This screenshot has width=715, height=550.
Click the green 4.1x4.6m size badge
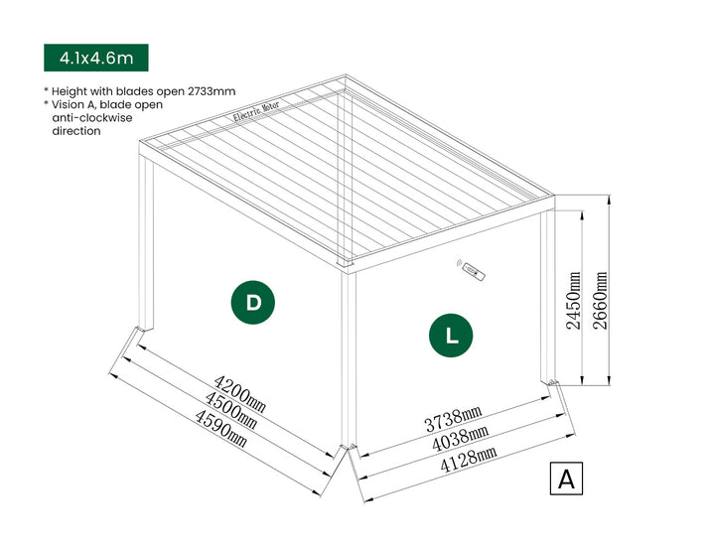(x=95, y=58)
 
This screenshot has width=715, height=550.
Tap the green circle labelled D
(x=253, y=303)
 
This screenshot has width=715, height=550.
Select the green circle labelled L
(x=452, y=335)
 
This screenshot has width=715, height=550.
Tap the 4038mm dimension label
(x=459, y=437)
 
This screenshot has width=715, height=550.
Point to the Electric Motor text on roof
(x=258, y=117)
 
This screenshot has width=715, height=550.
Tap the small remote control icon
(x=471, y=269)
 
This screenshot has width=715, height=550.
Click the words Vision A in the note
(x=75, y=104)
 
